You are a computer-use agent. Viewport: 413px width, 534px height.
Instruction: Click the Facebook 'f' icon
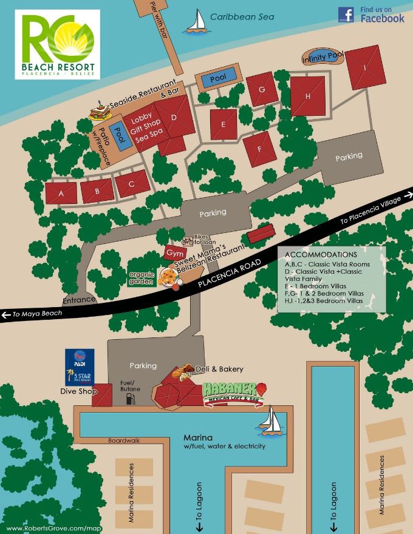pos(346,15)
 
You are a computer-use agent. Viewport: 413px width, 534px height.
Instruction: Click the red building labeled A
pos(61,194)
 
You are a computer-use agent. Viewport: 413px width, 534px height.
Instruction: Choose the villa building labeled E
pos(224,124)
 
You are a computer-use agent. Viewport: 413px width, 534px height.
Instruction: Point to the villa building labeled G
pos(261,89)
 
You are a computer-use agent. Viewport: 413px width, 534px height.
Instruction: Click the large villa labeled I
pos(365,67)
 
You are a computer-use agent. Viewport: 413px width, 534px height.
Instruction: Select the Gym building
pos(172,252)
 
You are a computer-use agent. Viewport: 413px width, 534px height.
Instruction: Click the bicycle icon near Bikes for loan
pos(188,241)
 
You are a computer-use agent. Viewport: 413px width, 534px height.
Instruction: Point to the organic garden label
pos(141,277)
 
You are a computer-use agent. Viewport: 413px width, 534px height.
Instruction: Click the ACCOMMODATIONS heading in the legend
pos(321,254)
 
